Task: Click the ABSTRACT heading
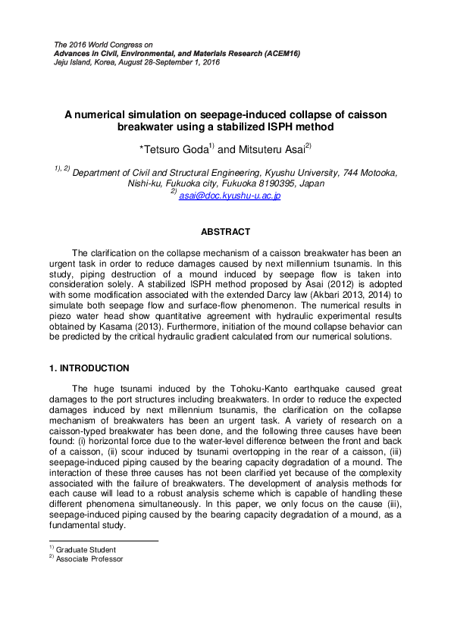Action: (x=225, y=231)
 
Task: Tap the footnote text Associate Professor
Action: (x=89, y=559)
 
